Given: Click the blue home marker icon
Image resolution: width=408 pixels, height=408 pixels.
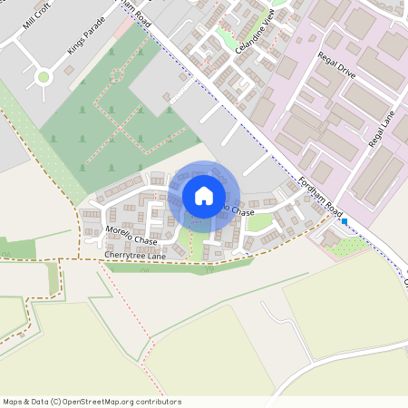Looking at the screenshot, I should [204, 196].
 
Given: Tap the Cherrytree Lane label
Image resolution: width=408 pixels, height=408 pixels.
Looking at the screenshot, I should [135, 257].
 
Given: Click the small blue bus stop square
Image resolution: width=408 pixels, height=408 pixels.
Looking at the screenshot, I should [345, 220].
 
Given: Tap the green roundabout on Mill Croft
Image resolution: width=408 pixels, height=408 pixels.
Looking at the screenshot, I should [44, 77].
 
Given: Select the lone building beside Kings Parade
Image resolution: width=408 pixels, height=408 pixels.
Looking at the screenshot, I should [71, 70].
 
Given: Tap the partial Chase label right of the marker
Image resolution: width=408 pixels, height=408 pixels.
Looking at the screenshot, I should [238, 210].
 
